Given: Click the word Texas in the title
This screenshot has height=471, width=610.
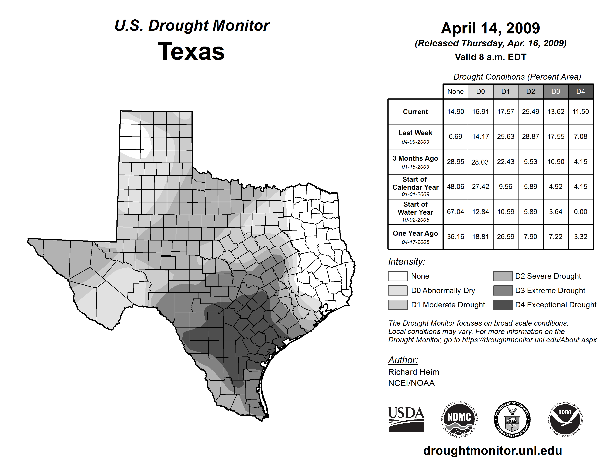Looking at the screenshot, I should (x=191, y=51).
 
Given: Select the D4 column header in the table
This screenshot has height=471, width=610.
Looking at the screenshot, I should (x=580, y=91).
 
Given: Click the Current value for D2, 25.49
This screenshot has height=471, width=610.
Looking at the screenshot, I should (x=530, y=112).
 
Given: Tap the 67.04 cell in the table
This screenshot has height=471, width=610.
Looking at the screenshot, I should (x=455, y=212).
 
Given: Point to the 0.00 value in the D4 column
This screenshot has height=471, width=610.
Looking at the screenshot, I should (x=580, y=212).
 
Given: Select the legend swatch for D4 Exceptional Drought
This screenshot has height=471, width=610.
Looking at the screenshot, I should (x=503, y=305).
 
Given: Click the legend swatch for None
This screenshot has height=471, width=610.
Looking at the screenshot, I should (x=397, y=276).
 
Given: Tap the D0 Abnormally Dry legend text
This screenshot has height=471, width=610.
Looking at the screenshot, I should (x=443, y=291).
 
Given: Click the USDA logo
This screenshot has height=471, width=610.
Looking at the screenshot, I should (x=406, y=419).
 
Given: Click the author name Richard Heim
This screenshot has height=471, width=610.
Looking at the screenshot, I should (x=414, y=372).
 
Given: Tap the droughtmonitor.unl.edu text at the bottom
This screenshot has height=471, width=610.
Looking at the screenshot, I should (x=493, y=451).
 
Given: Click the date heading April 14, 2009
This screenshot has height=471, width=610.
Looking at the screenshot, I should (x=490, y=28).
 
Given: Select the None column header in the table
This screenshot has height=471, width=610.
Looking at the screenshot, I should (x=455, y=91).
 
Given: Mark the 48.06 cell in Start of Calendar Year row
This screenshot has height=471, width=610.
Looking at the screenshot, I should (x=455, y=187).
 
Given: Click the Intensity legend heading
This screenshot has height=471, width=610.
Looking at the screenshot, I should (x=406, y=262).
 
